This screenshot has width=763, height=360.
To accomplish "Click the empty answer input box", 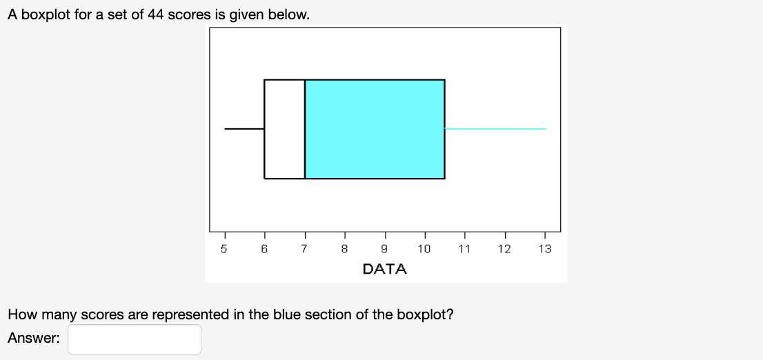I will [135, 339].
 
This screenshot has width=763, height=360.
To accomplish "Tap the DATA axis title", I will [384, 269].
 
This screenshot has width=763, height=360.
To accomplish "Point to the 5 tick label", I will [224, 249].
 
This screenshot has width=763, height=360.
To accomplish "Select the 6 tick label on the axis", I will [264, 249].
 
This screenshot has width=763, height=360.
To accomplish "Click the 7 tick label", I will [304, 249].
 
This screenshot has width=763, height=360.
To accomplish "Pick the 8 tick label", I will [344, 249].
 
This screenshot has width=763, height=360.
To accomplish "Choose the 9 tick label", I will [384, 249].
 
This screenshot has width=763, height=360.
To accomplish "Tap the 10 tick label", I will [424, 249].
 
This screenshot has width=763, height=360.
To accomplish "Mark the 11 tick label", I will [464, 249].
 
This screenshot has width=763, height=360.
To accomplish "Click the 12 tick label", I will [504, 249].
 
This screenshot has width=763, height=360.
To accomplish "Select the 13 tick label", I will [544, 249].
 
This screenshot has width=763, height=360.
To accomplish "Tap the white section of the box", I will [284, 129].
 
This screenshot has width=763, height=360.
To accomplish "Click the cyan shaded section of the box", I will [375, 129].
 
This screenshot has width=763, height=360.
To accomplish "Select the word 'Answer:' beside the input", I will [34, 339].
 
